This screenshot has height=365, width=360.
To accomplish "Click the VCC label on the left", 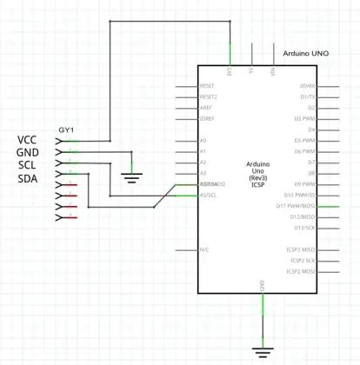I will (29, 140).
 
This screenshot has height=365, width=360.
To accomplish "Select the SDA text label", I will (29, 179).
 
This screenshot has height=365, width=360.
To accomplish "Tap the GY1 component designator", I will (66, 129).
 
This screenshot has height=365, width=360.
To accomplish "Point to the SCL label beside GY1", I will (28, 166).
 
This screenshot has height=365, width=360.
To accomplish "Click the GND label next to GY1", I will (29, 153).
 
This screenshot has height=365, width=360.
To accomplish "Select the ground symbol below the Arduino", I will (263, 352).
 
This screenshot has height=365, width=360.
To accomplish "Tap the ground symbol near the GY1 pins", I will (131, 178).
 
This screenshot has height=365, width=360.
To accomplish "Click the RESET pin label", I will (207, 86).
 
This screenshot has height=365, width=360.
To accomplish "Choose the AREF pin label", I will (206, 108).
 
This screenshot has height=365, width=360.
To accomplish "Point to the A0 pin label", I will (203, 140).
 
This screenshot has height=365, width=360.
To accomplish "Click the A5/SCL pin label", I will (209, 195).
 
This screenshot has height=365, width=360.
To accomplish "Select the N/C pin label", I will (204, 249).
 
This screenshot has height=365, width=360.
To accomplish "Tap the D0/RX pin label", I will (307, 86).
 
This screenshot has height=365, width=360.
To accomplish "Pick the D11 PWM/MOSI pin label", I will (299, 206).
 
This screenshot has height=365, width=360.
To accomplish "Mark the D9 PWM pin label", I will (304, 184).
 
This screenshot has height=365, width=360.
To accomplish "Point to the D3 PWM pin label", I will (304, 118).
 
